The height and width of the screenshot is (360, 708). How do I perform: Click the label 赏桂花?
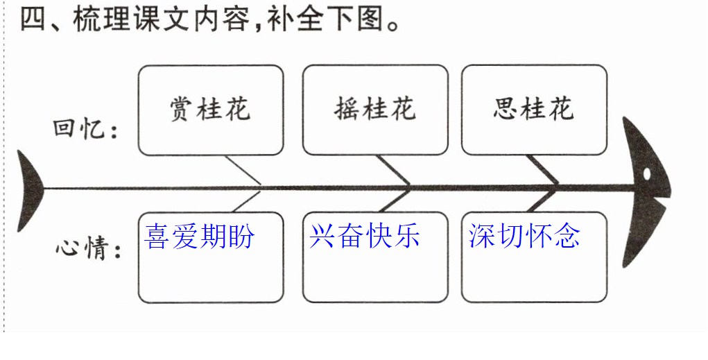tap(210, 109)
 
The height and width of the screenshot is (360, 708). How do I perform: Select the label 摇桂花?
tap(374, 109)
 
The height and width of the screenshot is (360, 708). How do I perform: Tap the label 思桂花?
tap(534, 109)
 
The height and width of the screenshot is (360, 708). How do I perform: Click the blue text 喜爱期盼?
tap(199, 236)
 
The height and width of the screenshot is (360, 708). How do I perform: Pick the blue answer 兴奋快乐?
tap(364, 236)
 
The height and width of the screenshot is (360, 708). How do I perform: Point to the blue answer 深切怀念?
tap(524, 236)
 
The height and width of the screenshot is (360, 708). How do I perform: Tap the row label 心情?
tap(89, 248)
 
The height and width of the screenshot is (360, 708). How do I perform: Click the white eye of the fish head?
tap(646, 174)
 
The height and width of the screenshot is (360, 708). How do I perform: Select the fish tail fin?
tap(29, 191)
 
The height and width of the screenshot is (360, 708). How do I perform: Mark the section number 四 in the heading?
tap(33, 20)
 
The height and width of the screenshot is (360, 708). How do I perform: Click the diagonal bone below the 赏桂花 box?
tap(243, 170)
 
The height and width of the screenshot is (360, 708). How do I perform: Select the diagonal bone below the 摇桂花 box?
tap(393, 170)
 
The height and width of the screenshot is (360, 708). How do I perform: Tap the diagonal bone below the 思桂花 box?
tap(542, 170)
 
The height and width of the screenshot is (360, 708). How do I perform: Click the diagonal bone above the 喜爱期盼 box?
tap(247, 201)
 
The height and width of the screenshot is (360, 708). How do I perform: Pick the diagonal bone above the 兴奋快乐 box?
tap(395, 201)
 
